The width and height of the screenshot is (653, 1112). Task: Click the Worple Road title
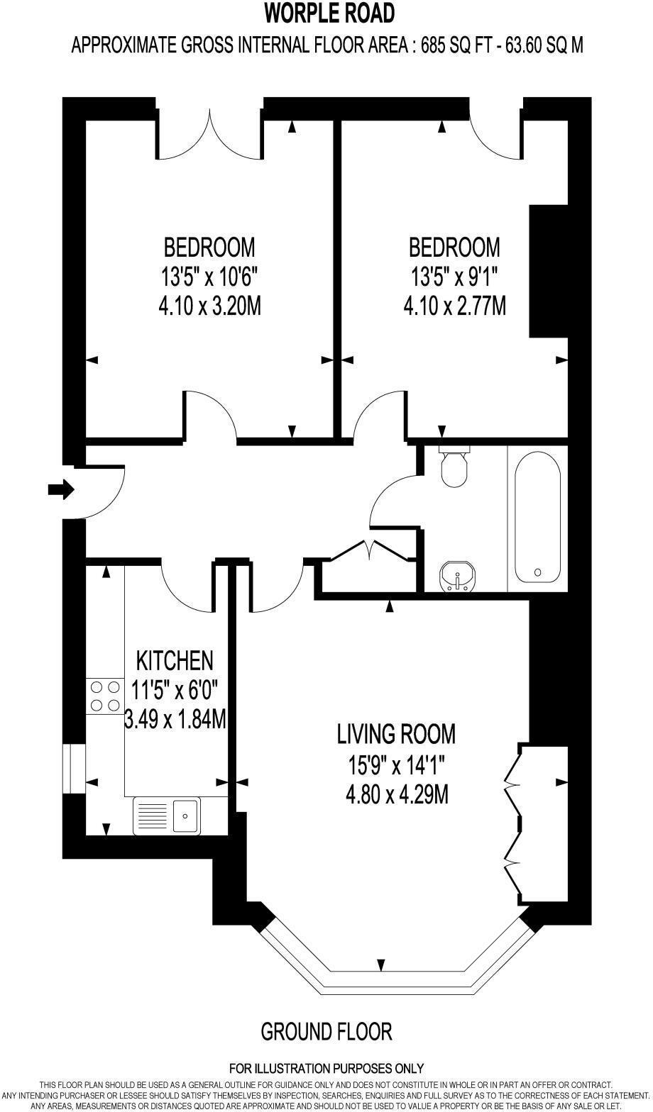click(x=329, y=13)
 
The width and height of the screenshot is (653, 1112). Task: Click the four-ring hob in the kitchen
click(x=104, y=696)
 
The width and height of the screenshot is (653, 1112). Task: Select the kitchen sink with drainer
click(x=167, y=815)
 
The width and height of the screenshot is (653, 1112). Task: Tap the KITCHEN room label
click(x=174, y=660)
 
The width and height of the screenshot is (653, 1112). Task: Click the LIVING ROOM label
click(x=396, y=734)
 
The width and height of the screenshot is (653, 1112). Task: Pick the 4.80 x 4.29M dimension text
click(x=396, y=795)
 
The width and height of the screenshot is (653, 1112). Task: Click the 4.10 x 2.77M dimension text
click(x=454, y=307)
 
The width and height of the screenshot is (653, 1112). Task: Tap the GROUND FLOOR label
click(x=326, y=1031)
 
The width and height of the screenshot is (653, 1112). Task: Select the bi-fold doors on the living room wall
click(x=514, y=824)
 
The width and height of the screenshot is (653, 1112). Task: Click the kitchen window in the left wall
click(x=73, y=768)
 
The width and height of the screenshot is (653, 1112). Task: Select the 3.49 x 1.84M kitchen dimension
click(x=175, y=720)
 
